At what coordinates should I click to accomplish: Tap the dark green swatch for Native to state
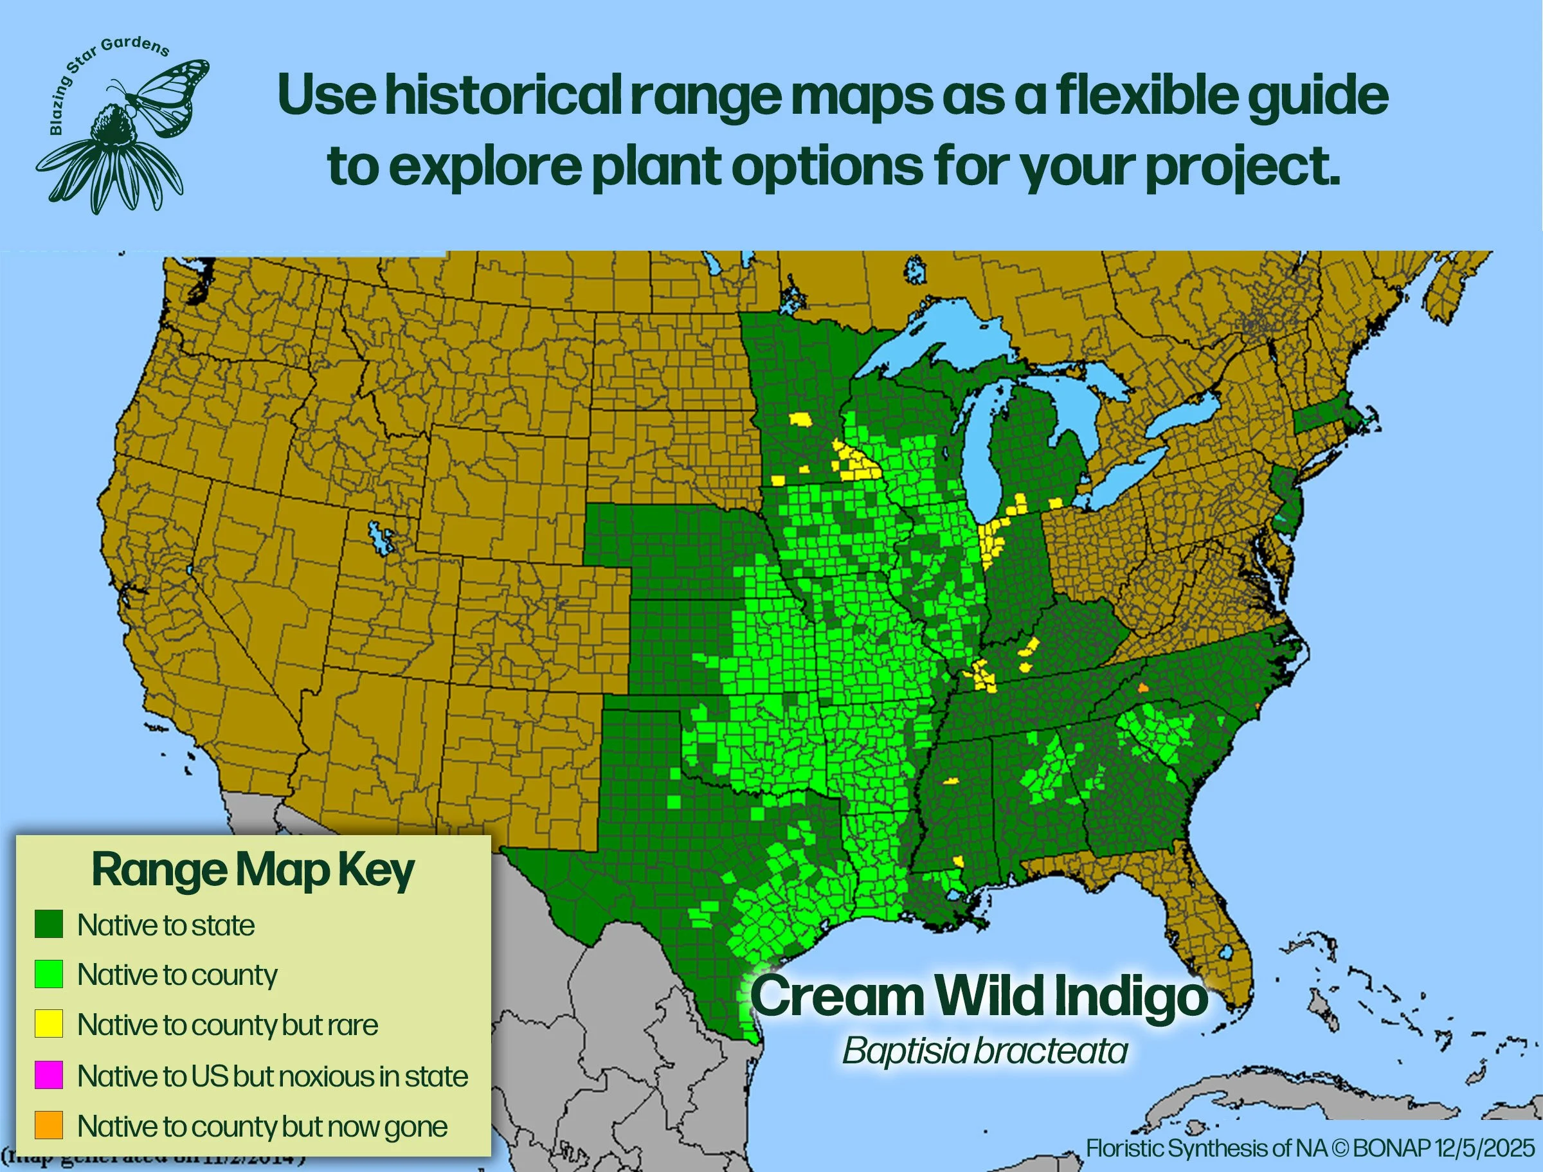tap(49, 924)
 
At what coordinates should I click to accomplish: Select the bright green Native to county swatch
tap(49, 974)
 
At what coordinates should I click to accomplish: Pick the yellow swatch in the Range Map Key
tap(49, 1023)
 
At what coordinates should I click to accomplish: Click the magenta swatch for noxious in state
tap(49, 1075)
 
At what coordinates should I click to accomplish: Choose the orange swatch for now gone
tap(49, 1125)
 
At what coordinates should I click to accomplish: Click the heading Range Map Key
tap(253, 870)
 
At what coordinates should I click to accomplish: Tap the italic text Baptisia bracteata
tap(984, 1050)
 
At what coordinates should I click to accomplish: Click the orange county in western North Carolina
tap(1142, 687)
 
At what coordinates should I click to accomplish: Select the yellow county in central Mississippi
tap(951, 781)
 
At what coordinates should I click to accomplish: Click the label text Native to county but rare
tap(228, 1025)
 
